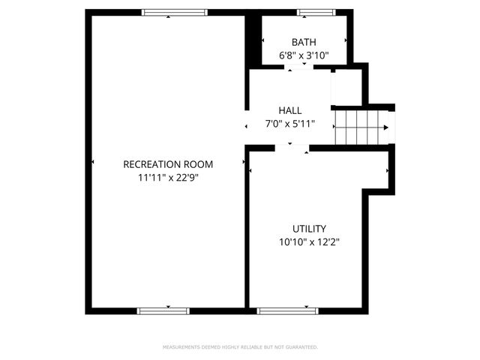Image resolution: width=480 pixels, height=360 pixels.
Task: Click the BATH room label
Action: pos(304,42)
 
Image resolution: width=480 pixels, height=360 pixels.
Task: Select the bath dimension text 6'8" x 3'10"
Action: pos(304,55)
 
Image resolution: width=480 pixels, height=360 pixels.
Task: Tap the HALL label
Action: pos(289,110)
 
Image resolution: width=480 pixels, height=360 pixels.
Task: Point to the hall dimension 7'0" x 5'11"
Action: pos(289,124)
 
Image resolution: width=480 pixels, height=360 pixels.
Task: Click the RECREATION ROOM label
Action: pos(168,164)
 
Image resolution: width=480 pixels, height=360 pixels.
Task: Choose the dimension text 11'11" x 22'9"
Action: pos(168,178)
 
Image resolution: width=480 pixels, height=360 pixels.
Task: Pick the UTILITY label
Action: pos(309,229)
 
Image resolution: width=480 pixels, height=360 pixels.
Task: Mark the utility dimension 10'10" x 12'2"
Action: pos(309,241)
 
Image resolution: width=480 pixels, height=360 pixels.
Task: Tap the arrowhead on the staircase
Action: pos(386,127)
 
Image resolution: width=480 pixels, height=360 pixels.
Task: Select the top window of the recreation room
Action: pos(175,12)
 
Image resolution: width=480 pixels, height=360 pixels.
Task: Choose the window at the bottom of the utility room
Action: pos(287,310)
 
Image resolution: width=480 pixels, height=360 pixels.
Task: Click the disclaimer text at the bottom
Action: pos(240,347)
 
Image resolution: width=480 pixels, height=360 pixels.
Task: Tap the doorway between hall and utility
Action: pos(292,148)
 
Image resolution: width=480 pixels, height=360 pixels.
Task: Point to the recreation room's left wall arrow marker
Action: pos(93,161)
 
